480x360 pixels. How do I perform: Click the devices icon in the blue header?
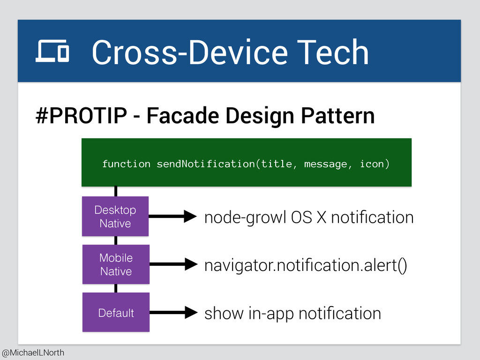click(x=52, y=51)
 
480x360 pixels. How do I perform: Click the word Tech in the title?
click(x=332, y=52)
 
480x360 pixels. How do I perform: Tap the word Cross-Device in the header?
click(x=190, y=52)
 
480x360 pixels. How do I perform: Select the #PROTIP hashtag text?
click(x=82, y=116)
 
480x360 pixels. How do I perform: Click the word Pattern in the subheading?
click(x=337, y=116)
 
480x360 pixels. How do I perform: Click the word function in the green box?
click(x=126, y=164)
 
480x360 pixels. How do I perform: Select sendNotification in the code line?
click(x=206, y=164)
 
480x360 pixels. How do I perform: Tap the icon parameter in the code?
click(x=372, y=164)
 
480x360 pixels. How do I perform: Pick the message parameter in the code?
click(x=326, y=165)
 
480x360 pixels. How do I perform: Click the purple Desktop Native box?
click(x=115, y=217)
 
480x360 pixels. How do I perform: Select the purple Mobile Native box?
click(x=116, y=264)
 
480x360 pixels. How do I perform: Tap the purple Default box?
click(x=116, y=312)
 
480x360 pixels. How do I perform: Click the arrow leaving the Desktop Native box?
click(x=172, y=216)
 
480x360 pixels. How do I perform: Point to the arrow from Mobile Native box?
click(x=173, y=264)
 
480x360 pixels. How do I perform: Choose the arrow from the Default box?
click(x=173, y=312)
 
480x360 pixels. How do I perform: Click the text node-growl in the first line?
click(x=245, y=218)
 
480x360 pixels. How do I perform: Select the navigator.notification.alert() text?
click(x=306, y=265)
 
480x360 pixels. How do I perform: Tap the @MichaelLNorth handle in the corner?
click(x=33, y=352)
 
